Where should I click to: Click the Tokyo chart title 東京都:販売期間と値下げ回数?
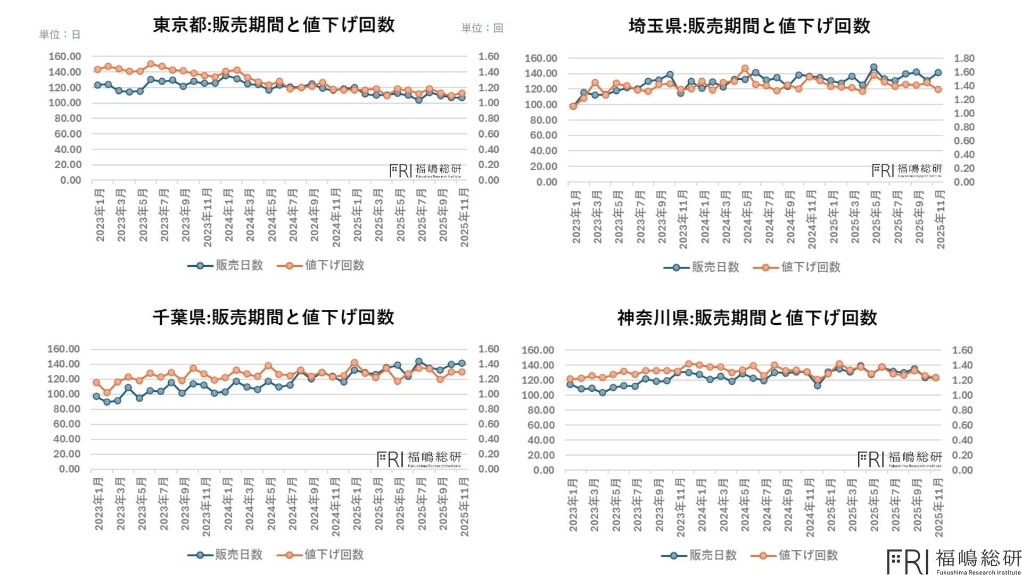pyautogui.click(x=274, y=25)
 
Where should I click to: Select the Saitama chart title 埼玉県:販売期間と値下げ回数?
pyautogui.click(x=749, y=26)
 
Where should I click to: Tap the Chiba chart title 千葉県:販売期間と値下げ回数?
pyautogui.click(x=273, y=317)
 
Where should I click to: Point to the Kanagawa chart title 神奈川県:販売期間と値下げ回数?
pyautogui.click(x=747, y=318)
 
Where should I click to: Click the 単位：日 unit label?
pyautogui.click(x=60, y=35)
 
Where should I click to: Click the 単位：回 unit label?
pyautogui.click(x=482, y=28)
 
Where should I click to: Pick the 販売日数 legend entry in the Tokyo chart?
pyautogui.click(x=226, y=265)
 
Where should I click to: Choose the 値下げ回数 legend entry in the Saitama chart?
pyautogui.click(x=797, y=267)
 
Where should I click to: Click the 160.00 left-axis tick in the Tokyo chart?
pyautogui.click(x=65, y=56)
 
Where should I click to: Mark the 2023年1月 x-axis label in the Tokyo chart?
pyautogui.click(x=100, y=215)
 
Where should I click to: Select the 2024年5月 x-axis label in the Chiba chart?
pyautogui.click(x=271, y=504)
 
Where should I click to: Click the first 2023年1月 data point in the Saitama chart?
pyautogui.click(x=573, y=106)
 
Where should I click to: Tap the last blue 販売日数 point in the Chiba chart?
pyautogui.click(x=461, y=363)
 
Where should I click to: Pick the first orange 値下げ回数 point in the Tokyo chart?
pyautogui.click(x=97, y=70)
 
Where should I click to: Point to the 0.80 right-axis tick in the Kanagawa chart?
pyautogui.click(x=962, y=410)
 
